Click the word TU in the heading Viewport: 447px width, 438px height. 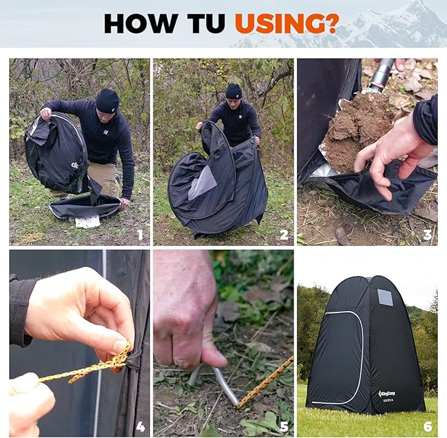pos(205,23)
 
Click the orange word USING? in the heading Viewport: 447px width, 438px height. pos(286,23)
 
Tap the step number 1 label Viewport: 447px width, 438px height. pos(140,235)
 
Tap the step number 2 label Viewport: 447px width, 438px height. pos(284,235)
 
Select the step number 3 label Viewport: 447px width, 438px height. pos(427,235)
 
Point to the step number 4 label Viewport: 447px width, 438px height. pos(140,426)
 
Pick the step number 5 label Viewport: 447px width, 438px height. pos(284,426)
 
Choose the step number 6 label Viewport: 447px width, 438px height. pos(427,426)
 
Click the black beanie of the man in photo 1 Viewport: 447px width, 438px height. pos(107,100)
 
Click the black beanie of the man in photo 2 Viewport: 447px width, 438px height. pos(234,90)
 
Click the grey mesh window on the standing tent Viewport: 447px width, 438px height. pos(384,297)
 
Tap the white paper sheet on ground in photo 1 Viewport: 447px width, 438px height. pos(87,221)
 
